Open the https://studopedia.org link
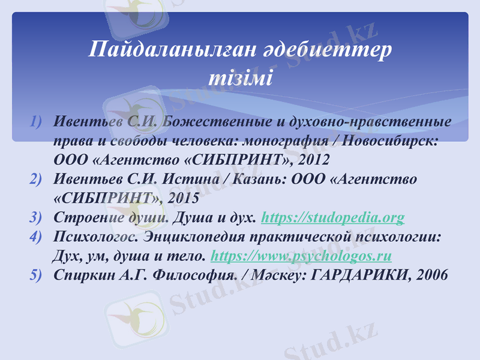coord(334,217)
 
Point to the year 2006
coord(428,275)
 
